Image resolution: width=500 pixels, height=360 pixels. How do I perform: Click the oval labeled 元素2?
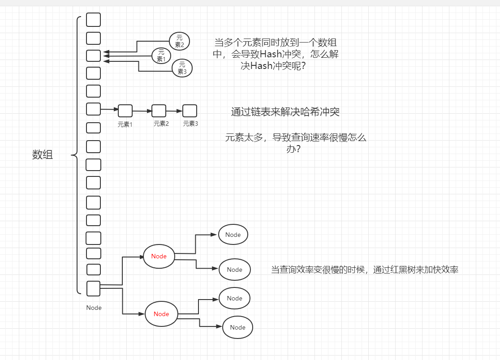[180, 41]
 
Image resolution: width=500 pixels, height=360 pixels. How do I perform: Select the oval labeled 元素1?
[161, 56]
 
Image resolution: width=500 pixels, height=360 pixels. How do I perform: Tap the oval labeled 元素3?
[182, 68]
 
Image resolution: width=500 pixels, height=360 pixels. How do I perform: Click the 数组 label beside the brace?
[43, 155]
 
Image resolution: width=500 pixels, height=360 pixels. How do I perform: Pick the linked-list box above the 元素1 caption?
[125, 111]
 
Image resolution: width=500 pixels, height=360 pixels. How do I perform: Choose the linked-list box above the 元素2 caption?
[159, 111]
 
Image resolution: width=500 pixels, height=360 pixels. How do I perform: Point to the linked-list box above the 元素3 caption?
[190, 111]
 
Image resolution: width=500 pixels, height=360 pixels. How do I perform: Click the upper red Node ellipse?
[159, 257]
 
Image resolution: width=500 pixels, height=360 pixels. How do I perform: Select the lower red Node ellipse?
[161, 314]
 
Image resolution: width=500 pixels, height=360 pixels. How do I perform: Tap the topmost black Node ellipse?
[233, 235]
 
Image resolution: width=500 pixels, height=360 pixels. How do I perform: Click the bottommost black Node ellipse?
[237, 327]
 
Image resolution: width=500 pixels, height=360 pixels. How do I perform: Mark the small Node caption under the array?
[94, 308]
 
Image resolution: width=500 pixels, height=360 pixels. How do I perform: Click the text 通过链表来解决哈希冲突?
[285, 112]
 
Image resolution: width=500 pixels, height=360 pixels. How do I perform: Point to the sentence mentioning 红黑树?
[365, 270]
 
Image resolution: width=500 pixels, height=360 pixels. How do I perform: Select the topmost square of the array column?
[93, 20]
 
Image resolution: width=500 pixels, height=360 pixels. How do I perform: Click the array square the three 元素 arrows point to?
[93, 56]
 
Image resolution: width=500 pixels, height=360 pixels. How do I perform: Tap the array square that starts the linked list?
[93, 109]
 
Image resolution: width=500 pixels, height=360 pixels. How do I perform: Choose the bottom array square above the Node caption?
[93, 288]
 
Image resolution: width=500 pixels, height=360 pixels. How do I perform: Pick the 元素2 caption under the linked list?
[161, 124]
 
